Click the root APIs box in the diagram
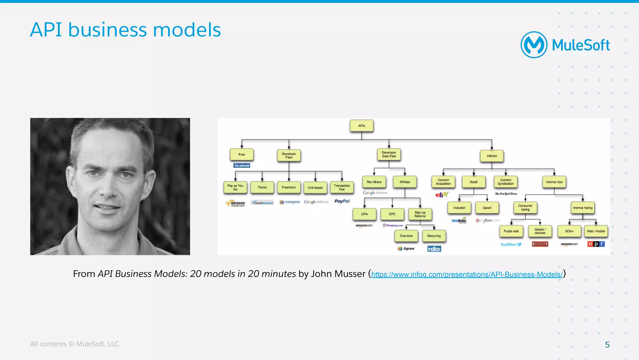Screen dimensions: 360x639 click(x=361, y=126)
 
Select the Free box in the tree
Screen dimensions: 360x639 click(x=241, y=155)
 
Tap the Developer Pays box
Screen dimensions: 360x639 click(x=289, y=155)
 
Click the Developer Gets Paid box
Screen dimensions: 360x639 click(x=389, y=155)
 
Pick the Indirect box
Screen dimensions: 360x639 click(x=491, y=156)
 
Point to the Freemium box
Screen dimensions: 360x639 click(x=289, y=187)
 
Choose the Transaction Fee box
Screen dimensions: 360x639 click(x=342, y=187)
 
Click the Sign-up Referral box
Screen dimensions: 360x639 click(x=420, y=214)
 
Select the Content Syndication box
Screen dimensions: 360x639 click(x=505, y=182)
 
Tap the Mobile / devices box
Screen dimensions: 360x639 click(x=540, y=231)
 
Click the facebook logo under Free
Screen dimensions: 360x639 click(x=242, y=165)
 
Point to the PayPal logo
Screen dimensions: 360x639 click(x=342, y=201)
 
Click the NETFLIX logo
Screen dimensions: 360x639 click(x=540, y=244)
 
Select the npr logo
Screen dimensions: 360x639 click(x=596, y=244)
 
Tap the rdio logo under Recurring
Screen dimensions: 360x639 click(x=434, y=249)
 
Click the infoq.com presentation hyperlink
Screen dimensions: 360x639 click(x=467, y=274)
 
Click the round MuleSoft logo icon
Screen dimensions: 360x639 click(x=534, y=45)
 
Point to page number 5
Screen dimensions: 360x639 click(x=607, y=344)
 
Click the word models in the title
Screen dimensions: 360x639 click(x=187, y=30)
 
